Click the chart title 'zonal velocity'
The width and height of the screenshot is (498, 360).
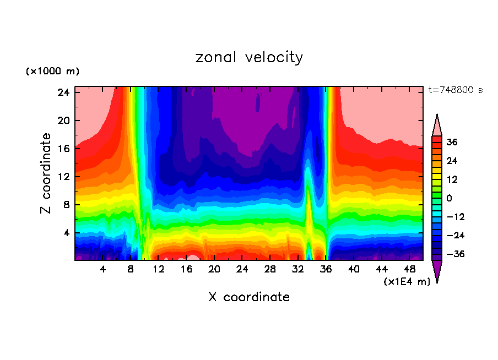point(249,57)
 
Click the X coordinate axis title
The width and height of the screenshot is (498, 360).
point(249,297)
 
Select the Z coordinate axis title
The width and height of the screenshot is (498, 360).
point(46,173)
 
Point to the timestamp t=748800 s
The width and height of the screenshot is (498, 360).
point(455,90)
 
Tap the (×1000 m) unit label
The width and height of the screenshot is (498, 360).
point(52,72)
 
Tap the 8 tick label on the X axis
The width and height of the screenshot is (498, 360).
point(131,270)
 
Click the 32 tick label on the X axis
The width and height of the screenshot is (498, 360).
point(298,270)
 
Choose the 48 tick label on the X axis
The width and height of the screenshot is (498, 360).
point(410,270)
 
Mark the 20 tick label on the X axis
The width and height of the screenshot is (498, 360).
point(214,270)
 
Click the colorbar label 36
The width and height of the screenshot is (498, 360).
point(452,142)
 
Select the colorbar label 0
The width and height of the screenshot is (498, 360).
point(449,198)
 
